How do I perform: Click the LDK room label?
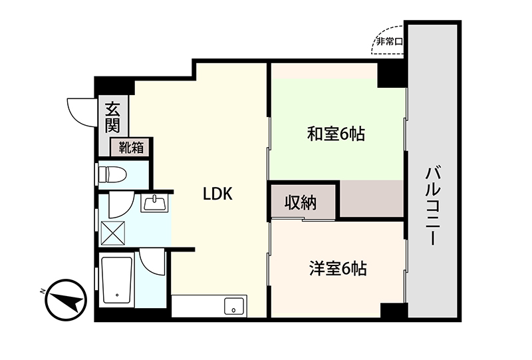coord(217,194)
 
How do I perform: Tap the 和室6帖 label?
coord(336,134)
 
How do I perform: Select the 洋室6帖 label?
coord(338,269)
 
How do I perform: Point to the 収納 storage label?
coord(301,203)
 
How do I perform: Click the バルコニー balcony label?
coord(433,206)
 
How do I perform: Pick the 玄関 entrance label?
coord(112,117)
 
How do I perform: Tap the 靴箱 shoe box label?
coord(131,148)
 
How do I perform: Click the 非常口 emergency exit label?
coord(389,42)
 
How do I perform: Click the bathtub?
coord(117,280)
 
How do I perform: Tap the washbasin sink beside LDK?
coord(155,204)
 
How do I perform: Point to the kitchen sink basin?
coord(234,306)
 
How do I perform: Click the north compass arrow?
coord(66,300)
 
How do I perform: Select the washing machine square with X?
coord(113,233)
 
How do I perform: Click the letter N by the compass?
coord(43,291)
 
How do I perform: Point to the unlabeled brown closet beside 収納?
coord(372,198)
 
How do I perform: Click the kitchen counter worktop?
coord(209,306)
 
